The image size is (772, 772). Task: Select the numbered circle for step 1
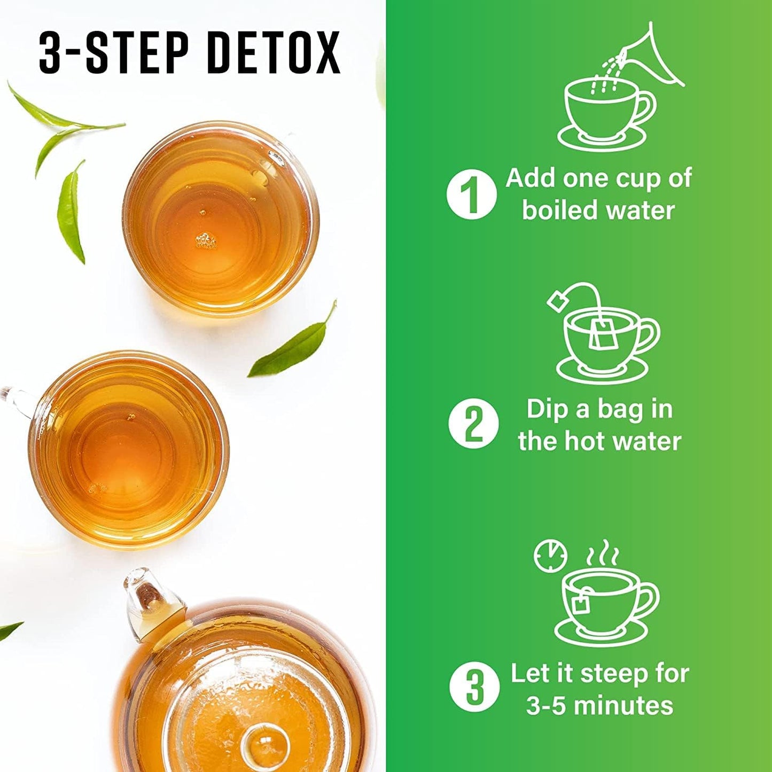(471, 193)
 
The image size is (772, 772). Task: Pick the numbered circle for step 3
(474, 687)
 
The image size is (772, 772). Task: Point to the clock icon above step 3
(550, 556)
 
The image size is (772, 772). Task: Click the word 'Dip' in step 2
(547, 409)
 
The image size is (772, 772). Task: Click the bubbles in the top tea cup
(206, 240)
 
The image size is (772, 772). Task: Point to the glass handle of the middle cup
(16, 401)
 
